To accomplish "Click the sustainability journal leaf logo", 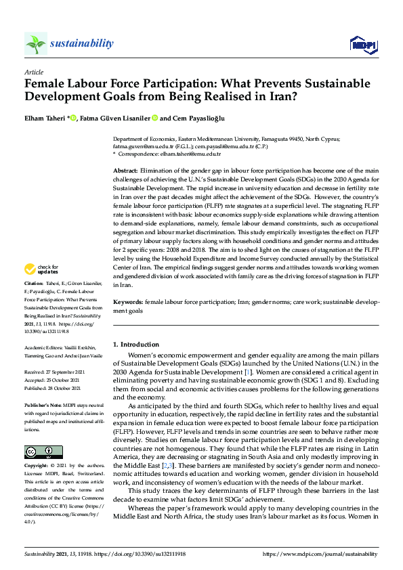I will pyautogui.click(x=35, y=44).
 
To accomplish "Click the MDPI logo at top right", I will pyautogui.click(x=363, y=45).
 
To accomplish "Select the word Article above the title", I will pyautogui.click(x=33, y=72).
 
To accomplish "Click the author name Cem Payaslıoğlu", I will pyautogui.click(x=195, y=118).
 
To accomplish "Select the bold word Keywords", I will pyautogui.click(x=127, y=301).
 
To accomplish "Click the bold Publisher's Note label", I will pyautogui.click(x=42, y=397).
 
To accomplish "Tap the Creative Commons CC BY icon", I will pyautogui.click(x=43, y=452).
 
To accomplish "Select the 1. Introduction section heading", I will pyautogui.click(x=136, y=345).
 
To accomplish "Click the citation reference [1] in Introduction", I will pyautogui.click(x=247, y=372).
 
